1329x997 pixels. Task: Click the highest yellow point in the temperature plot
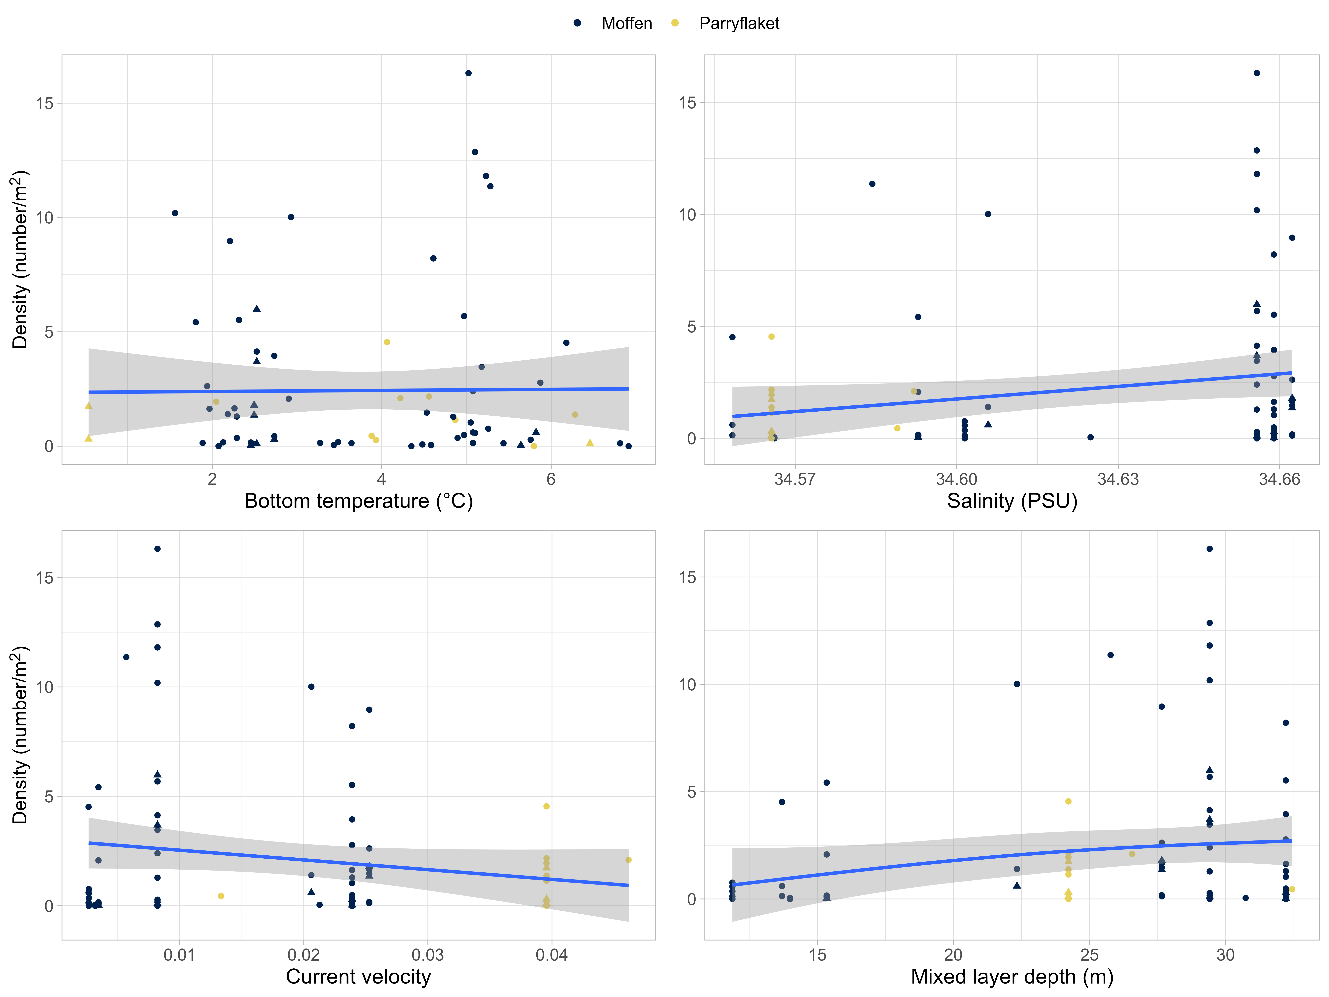pyautogui.click(x=387, y=342)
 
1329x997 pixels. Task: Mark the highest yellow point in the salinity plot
pyautogui.click(x=771, y=336)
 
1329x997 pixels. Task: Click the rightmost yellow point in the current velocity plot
pyautogui.click(x=628, y=860)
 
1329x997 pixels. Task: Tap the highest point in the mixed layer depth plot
pyautogui.click(x=1209, y=549)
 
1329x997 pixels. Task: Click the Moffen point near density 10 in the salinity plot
pyautogui.click(x=988, y=214)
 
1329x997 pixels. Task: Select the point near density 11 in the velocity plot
pyautogui.click(x=126, y=657)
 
